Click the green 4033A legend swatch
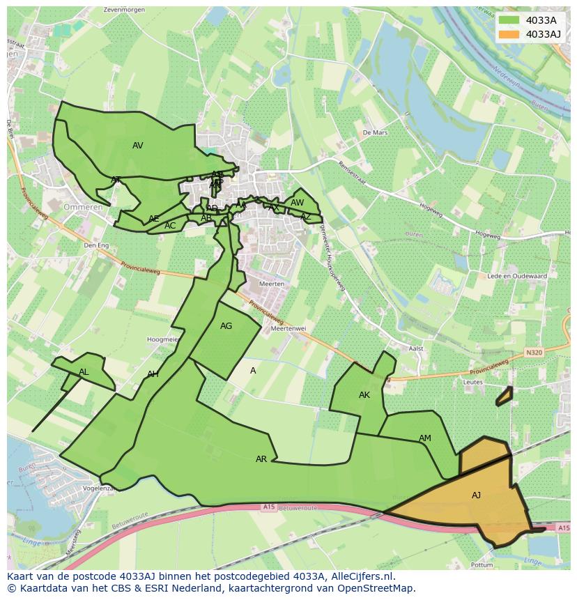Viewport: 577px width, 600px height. coord(509,20)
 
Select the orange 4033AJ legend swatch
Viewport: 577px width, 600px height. coord(509,34)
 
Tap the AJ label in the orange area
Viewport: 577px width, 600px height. coord(476,495)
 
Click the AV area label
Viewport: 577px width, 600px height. coord(137,146)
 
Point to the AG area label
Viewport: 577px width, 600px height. coord(226,326)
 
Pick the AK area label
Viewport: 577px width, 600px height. coord(364,395)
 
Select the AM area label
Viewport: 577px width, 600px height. coord(424,438)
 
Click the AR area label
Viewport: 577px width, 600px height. coord(261,459)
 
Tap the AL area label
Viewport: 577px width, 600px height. coord(84,372)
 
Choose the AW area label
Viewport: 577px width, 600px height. coord(297,203)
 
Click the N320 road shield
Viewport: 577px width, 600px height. coord(534,353)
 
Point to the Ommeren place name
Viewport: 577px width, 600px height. coord(83,207)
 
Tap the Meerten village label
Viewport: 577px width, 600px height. coord(272,284)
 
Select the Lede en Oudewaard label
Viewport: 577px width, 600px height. coord(518,276)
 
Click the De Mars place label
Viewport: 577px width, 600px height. coord(374,132)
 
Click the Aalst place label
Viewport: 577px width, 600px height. coord(416,348)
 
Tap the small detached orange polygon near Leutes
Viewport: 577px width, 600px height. coord(504,397)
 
